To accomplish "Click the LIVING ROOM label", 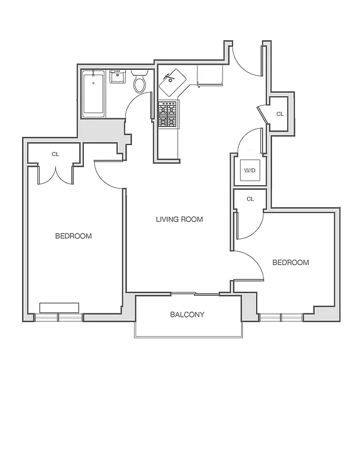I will point(179,220).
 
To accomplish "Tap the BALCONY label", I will point(187,315).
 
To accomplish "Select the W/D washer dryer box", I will point(250,170).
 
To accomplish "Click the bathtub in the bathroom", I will point(93,93).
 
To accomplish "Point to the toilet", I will point(139,83).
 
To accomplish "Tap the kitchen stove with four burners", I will point(168,114).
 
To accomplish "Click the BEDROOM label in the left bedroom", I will point(73,236).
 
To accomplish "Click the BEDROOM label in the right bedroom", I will point(291,263).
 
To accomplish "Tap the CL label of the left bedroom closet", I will point(55,154).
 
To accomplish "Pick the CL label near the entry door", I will point(280,114).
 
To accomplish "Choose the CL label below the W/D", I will point(250,199).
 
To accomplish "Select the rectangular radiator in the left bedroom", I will point(59,308).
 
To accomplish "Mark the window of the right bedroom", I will point(281,317).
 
